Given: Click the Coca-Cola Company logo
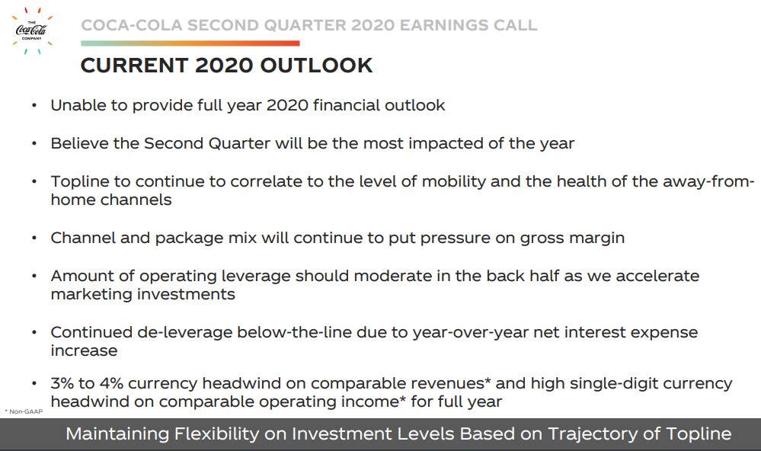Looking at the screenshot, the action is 31,30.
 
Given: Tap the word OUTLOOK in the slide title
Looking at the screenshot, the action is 316,66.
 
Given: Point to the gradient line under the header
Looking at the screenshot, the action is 190,43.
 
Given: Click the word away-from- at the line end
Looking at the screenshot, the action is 708,181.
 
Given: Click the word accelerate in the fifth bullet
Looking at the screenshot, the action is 657,277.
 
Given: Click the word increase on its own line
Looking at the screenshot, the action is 84,351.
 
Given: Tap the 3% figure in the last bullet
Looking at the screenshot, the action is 62,383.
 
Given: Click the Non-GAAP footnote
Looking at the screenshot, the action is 24,411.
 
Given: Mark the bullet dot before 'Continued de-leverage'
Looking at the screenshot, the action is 34,333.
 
